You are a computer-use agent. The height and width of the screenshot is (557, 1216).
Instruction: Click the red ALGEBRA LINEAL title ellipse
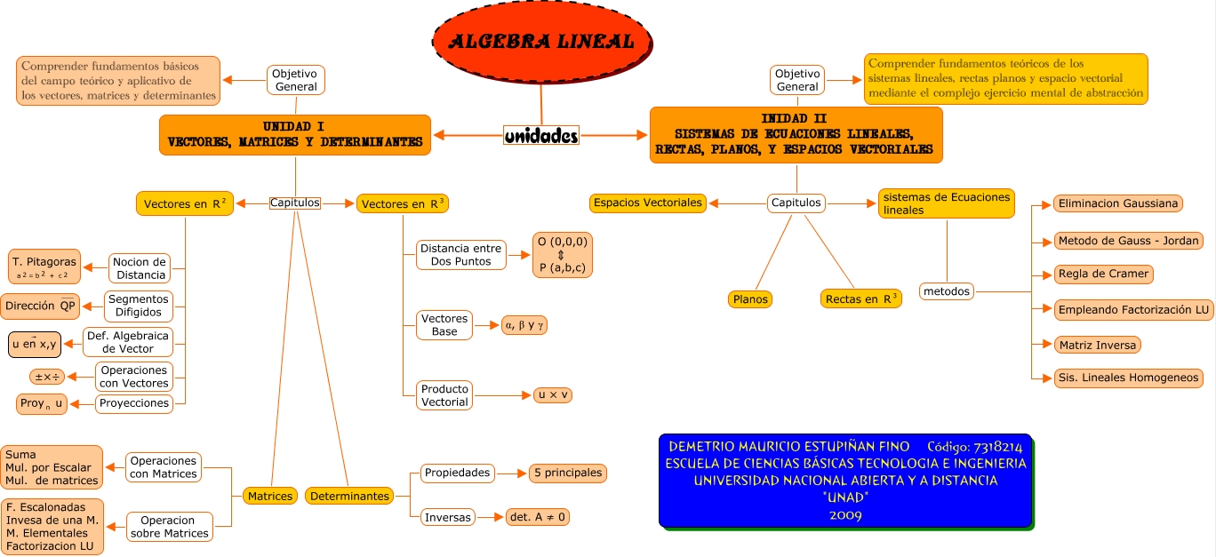[541, 42]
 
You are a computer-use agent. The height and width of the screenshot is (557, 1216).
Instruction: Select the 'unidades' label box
[541, 135]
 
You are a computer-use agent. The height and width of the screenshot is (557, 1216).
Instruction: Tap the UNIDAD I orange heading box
[295, 134]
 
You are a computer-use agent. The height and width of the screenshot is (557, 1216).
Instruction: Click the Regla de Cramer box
[1103, 274]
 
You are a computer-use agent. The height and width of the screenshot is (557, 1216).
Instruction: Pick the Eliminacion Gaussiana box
[1117, 203]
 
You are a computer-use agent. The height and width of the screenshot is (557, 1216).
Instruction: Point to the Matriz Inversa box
[1098, 345]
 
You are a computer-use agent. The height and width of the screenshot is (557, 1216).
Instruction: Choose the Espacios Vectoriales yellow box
[648, 203]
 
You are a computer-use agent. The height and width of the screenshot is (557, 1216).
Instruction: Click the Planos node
[750, 299]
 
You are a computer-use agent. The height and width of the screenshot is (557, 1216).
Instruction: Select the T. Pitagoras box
[44, 267]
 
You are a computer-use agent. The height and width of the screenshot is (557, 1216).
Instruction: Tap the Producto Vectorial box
[444, 395]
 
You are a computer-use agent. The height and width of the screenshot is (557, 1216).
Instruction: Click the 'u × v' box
[552, 395]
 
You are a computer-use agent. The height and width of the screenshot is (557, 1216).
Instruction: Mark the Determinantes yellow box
[349, 496]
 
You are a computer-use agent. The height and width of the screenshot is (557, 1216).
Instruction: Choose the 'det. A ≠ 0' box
[536, 516]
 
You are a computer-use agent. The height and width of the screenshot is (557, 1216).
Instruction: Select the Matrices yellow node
[270, 496]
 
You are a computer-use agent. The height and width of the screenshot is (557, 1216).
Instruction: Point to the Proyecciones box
[134, 403]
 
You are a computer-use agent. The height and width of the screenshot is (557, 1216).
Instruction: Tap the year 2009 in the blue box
[844, 514]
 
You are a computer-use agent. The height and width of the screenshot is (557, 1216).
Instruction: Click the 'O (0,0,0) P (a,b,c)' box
[563, 254]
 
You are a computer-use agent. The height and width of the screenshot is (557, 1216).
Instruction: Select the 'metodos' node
[947, 290]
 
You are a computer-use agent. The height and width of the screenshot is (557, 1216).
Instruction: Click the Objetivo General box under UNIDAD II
[796, 80]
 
